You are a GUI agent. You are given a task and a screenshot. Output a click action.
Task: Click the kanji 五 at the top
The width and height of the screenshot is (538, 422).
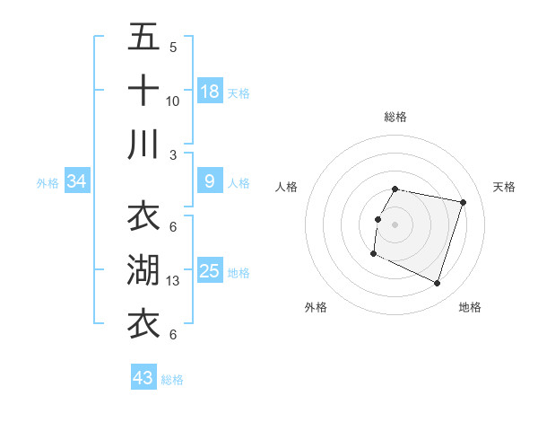point(143,38)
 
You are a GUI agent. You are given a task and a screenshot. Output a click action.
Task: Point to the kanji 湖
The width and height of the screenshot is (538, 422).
point(143,270)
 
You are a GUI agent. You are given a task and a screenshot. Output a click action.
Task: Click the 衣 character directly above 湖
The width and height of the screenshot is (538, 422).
point(143,217)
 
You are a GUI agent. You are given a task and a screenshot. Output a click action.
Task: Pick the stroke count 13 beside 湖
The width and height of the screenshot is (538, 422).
point(174,281)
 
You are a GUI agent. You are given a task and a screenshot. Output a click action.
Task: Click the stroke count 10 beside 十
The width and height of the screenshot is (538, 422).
point(173,101)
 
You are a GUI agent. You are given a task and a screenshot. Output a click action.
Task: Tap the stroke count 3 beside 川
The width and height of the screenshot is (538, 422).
point(173,154)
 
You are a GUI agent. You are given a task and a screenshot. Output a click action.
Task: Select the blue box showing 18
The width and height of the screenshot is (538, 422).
point(210,92)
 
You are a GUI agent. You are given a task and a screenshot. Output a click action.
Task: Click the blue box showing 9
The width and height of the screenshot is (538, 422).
point(210,181)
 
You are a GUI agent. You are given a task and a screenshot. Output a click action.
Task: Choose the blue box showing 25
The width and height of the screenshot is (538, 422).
point(210,271)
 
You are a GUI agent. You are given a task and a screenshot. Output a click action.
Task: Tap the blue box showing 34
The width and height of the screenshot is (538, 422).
point(77,182)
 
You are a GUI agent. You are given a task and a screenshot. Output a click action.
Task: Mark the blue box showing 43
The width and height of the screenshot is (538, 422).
point(143,378)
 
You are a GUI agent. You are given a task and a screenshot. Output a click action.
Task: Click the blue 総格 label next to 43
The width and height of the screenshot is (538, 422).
point(172,380)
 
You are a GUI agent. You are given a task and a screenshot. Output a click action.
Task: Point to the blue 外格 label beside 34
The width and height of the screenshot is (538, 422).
point(48,183)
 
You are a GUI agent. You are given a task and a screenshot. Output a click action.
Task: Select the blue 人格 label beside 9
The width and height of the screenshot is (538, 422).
point(239,183)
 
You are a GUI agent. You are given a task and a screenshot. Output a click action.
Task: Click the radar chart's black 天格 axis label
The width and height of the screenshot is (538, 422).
point(504,187)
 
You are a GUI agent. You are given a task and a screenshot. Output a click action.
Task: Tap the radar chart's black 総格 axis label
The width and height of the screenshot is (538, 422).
point(395,117)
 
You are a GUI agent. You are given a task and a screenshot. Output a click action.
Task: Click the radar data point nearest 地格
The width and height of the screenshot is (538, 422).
point(438,284)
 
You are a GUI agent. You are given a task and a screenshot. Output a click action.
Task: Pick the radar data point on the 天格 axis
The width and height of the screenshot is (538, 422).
point(463,203)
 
